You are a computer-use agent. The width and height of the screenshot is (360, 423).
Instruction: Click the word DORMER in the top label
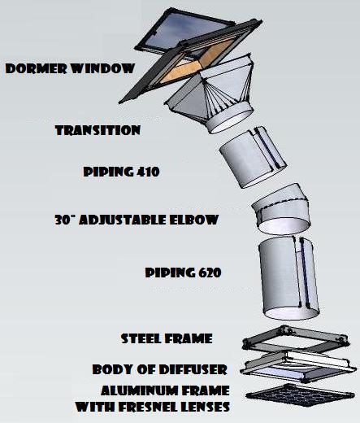click(37, 68)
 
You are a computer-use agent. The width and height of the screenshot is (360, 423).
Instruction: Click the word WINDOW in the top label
click(103, 68)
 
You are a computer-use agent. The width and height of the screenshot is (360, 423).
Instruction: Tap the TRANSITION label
click(98, 130)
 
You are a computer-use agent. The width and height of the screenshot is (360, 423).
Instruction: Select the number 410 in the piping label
click(148, 172)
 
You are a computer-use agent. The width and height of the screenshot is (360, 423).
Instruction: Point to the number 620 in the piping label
click(210, 273)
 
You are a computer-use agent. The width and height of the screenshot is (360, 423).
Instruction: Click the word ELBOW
click(194, 220)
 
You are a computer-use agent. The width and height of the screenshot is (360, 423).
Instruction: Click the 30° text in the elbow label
click(64, 220)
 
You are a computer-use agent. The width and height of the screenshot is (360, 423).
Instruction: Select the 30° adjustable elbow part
click(282, 210)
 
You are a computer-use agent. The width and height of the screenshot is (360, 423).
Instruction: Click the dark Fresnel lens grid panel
click(300, 396)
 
